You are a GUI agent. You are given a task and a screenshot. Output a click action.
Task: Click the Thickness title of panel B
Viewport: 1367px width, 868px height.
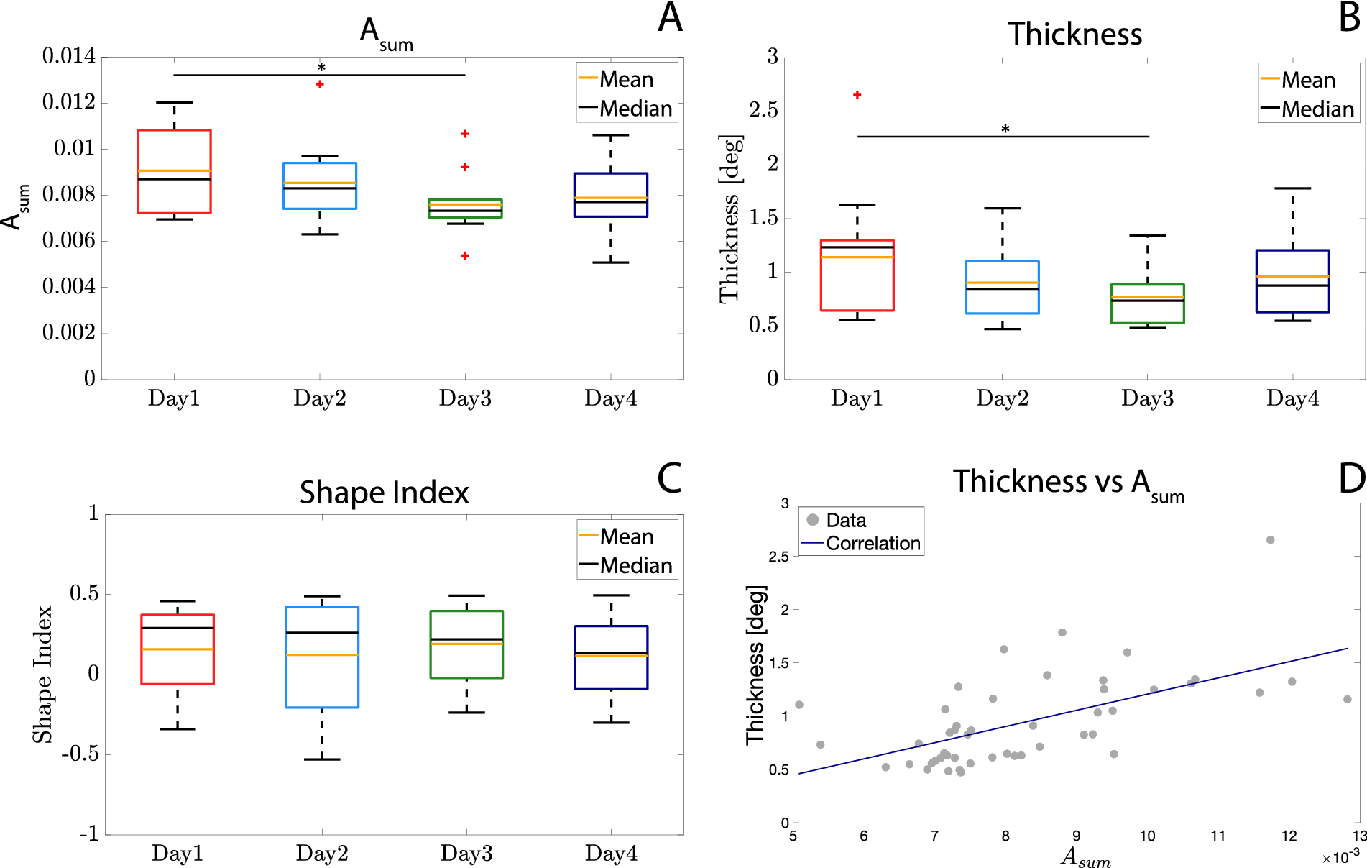tap(1074, 35)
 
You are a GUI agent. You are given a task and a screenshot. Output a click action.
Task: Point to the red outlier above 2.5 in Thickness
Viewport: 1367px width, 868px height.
tap(857, 95)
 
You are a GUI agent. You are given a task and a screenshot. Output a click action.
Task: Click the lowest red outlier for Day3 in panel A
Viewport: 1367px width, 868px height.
tap(465, 255)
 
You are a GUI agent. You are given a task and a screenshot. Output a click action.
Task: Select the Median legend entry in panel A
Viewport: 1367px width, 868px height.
tap(626, 109)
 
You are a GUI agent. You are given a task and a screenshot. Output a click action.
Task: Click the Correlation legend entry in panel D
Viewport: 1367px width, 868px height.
tap(862, 544)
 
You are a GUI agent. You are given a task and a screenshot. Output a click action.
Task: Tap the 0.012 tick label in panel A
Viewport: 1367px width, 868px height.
tap(68, 102)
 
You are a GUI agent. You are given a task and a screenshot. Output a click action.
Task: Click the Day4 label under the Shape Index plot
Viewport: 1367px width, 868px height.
tap(611, 854)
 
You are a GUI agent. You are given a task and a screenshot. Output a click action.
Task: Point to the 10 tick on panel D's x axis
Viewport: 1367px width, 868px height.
tap(1147, 836)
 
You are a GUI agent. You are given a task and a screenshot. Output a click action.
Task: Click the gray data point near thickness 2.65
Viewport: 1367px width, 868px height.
tap(1270, 540)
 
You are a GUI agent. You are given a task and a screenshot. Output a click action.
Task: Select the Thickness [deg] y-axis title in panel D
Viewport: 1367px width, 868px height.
tap(755, 664)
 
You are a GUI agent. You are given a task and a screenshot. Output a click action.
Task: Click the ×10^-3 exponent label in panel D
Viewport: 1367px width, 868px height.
tap(1340, 857)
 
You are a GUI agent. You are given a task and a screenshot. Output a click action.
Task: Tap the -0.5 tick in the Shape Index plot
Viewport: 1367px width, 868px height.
tap(80, 754)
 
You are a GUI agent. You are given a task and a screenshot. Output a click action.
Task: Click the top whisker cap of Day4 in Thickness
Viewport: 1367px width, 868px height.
tap(1292, 188)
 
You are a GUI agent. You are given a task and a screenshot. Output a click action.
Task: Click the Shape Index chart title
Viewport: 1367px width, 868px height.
tap(384, 493)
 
